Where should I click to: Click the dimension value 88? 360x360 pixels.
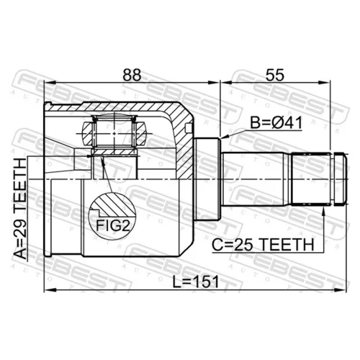pos(132,75)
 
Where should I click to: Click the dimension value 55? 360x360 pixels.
pos(275,75)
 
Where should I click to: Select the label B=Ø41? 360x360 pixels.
pos(276,122)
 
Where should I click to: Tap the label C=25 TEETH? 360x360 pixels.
pos(263,245)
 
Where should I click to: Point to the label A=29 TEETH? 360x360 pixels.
pos(20,209)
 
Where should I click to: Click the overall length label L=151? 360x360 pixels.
pos(196,282)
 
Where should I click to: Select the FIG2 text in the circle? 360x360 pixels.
pos(113,225)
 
